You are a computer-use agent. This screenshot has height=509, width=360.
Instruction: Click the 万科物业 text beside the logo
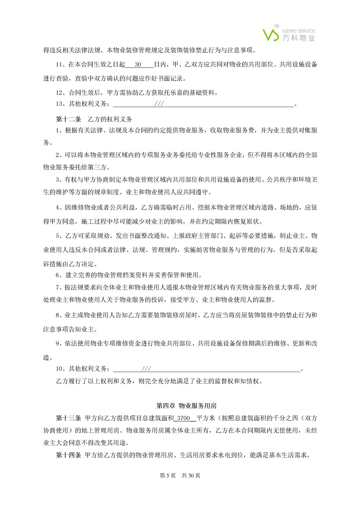point(299,38)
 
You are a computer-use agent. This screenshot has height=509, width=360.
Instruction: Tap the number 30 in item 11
point(138,65)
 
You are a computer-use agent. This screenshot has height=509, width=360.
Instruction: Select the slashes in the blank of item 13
point(159,104)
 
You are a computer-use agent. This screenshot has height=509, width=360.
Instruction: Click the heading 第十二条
point(68,119)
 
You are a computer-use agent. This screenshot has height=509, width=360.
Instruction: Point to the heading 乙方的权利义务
point(110,119)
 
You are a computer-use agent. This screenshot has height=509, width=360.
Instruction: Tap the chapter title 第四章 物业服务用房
point(186,406)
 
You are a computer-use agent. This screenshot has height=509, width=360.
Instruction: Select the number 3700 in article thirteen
point(183,418)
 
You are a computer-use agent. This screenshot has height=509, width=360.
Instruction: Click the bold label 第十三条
point(68,418)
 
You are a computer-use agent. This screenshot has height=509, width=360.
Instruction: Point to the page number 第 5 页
point(168,475)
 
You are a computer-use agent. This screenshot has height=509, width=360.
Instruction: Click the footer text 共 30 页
point(191,475)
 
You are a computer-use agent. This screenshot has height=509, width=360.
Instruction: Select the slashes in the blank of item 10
point(146,369)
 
